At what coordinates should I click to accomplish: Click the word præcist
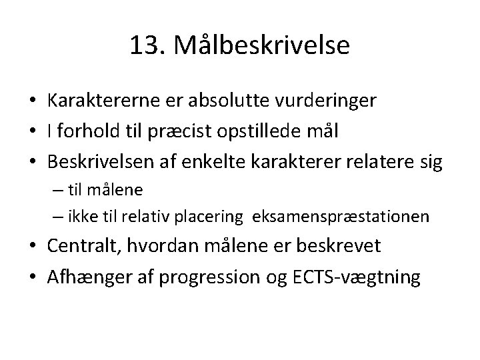click(x=194, y=132)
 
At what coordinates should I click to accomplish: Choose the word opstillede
click(x=267, y=132)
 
